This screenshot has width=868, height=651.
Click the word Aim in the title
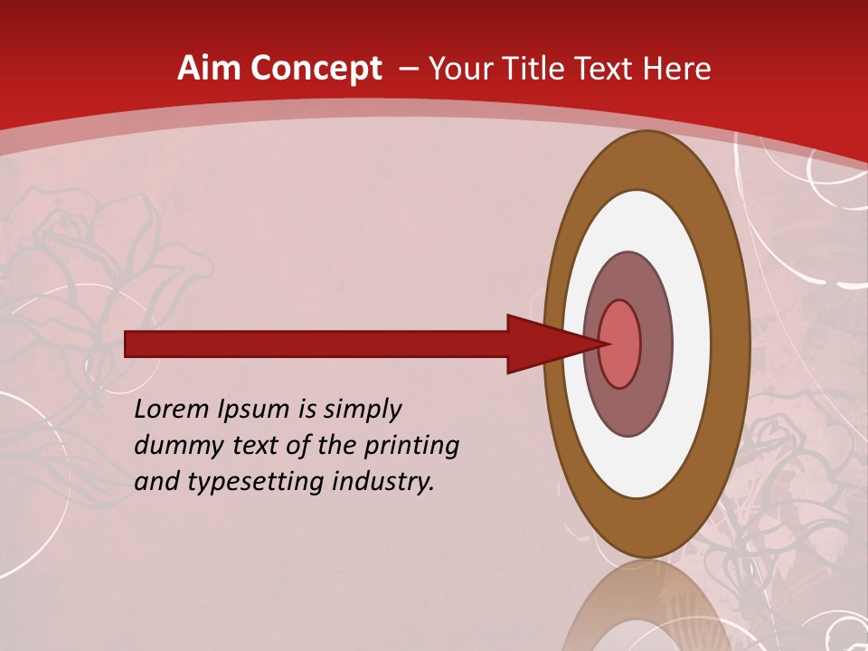coord(205,69)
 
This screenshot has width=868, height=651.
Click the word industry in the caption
coord(382,481)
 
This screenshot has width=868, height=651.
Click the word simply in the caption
coord(362,410)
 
